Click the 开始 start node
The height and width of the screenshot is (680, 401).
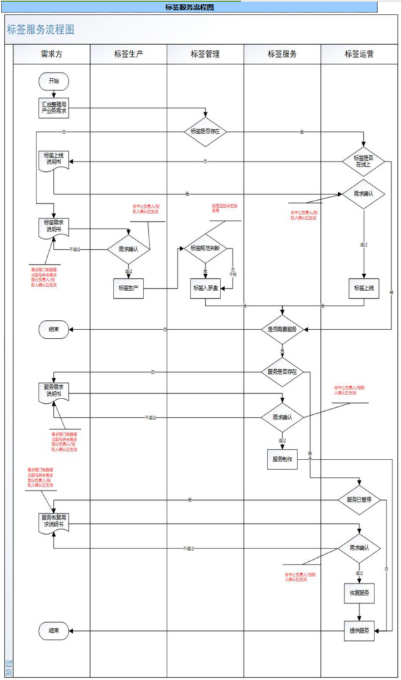click(x=53, y=81)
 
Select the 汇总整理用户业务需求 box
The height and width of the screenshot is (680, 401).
click(x=53, y=108)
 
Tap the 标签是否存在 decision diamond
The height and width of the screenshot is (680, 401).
click(x=206, y=131)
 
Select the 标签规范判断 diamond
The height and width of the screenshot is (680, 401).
click(x=205, y=248)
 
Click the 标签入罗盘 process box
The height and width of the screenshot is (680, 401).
click(x=205, y=288)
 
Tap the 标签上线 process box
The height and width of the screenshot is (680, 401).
click(x=363, y=288)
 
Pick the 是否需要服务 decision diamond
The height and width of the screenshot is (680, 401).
click(x=282, y=329)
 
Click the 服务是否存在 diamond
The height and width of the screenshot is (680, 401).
click(x=282, y=372)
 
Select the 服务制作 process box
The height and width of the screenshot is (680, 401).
click(x=282, y=459)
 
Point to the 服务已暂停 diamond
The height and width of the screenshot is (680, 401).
click(x=360, y=499)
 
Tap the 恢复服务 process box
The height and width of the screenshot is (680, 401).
click(x=359, y=592)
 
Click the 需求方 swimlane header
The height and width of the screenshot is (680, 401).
click(x=52, y=54)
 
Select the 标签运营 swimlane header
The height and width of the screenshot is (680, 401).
click(x=359, y=54)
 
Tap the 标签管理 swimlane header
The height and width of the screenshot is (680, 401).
click(x=205, y=54)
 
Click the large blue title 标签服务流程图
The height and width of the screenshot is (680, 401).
click(x=40, y=30)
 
